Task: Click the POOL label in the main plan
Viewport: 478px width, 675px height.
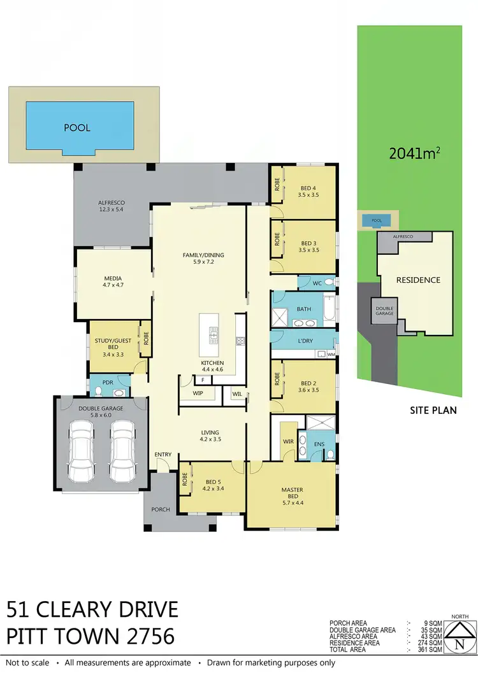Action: point(77,127)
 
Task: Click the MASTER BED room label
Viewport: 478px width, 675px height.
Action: point(293,494)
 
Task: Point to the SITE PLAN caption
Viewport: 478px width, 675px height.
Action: point(433,410)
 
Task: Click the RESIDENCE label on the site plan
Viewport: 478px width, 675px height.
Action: point(418,280)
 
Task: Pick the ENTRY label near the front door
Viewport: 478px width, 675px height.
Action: point(163,454)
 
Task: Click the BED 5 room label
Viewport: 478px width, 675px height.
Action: point(214,486)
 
